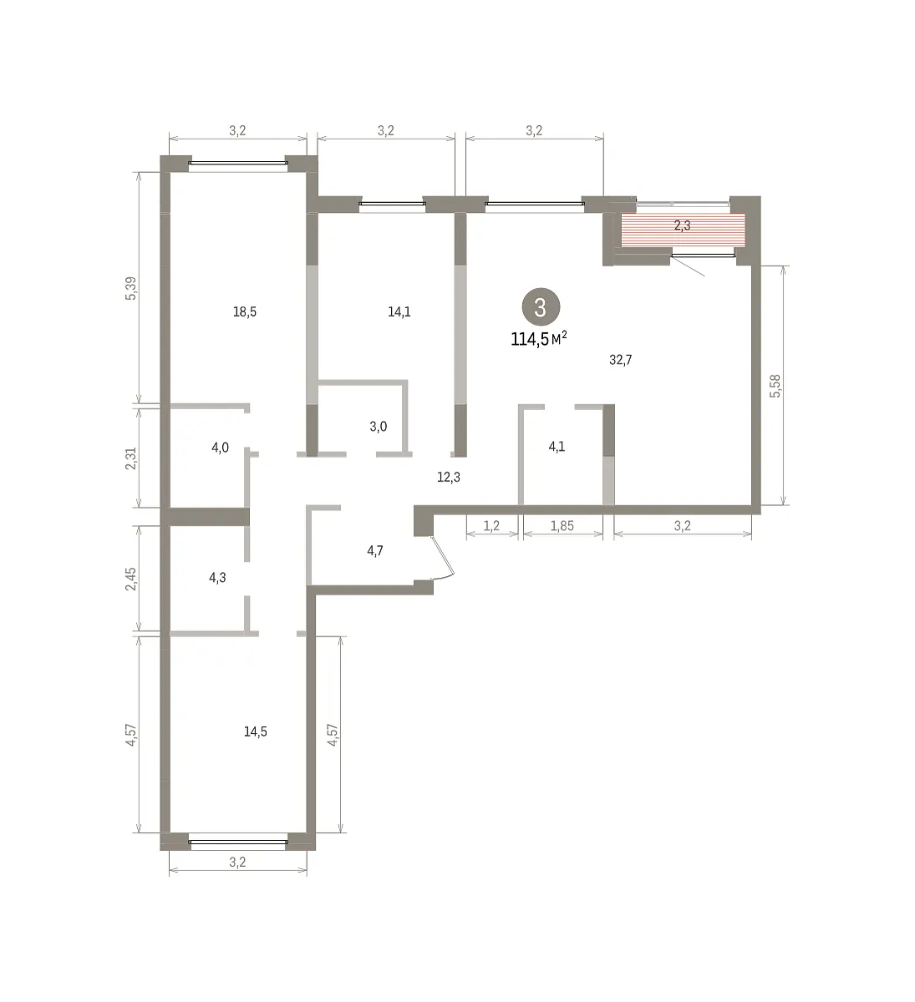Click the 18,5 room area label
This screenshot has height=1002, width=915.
click(x=245, y=311)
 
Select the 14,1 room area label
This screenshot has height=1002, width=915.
click(x=399, y=311)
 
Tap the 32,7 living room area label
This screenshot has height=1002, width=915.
click(x=621, y=360)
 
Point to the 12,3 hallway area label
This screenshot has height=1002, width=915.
click(x=449, y=477)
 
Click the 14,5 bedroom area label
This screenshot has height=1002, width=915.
click(x=255, y=731)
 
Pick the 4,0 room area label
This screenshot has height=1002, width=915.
click(x=220, y=448)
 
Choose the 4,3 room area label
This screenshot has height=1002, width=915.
click(x=217, y=578)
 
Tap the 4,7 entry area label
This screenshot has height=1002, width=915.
click(x=375, y=550)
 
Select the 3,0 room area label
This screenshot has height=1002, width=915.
click(x=378, y=426)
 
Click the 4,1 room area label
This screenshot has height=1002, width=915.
click(x=557, y=446)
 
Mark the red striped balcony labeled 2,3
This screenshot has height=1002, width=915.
click(x=683, y=230)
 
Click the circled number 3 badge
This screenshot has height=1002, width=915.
click(x=541, y=307)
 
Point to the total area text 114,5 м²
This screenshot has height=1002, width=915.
click(x=539, y=339)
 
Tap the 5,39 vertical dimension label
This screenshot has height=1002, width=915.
click(x=130, y=288)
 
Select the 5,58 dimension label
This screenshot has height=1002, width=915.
click(x=775, y=386)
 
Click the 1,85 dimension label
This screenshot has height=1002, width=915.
click(x=562, y=525)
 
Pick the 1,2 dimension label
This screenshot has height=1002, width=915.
click(x=491, y=525)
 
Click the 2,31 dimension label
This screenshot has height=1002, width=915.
click(x=130, y=458)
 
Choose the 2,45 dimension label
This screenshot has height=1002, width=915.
click(x=130, y=579)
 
